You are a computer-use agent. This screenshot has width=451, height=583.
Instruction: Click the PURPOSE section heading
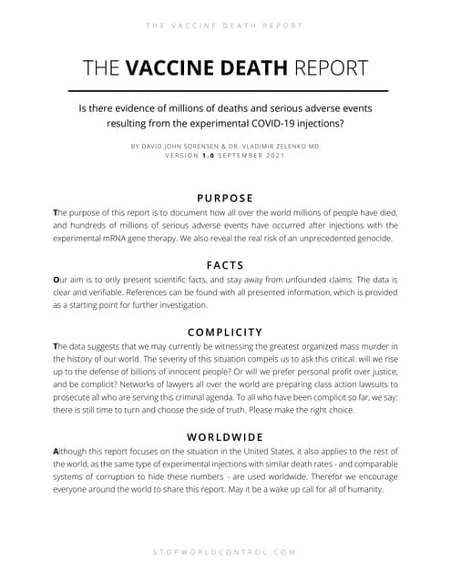(x=225, y=198)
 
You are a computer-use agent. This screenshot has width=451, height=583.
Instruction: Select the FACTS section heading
(x=225, y=266)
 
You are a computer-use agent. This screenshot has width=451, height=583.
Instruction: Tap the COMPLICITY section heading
(x=225, y=332)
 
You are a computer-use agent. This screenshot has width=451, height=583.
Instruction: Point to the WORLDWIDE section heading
(x=225, y=436)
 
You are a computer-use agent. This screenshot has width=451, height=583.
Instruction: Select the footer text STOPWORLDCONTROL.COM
(x=225, y=552)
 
